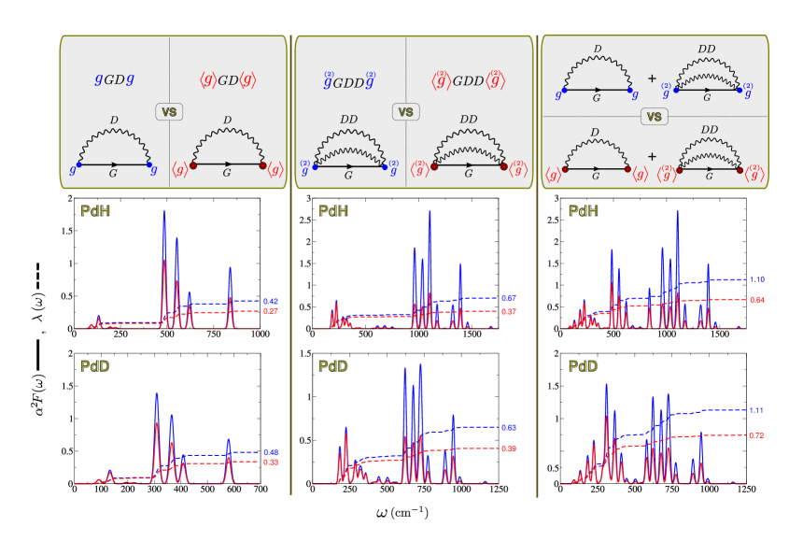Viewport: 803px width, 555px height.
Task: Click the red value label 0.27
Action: tap(272, 311)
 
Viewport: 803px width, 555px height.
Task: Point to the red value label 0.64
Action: tap(758, 300)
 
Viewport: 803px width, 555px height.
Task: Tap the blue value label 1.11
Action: tap(757, 410)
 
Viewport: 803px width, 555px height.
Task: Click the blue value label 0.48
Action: tap(272, 453)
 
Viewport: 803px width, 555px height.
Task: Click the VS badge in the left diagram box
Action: tap(169, 111)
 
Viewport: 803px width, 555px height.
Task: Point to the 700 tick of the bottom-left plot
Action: tap(261, 491)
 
